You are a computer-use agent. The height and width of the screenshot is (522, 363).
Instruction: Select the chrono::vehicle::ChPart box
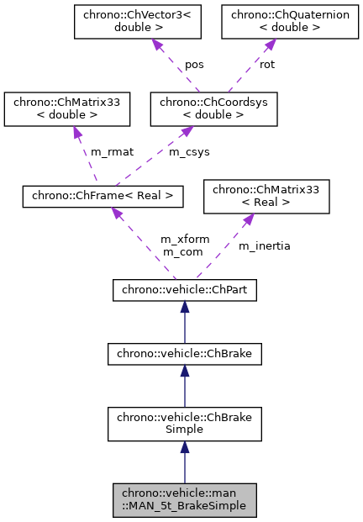185,291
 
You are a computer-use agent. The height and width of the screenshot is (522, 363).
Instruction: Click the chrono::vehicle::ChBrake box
185,355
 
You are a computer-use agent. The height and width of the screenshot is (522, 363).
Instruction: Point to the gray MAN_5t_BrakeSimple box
185,499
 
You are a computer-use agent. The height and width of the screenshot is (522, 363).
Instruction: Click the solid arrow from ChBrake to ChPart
185,323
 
